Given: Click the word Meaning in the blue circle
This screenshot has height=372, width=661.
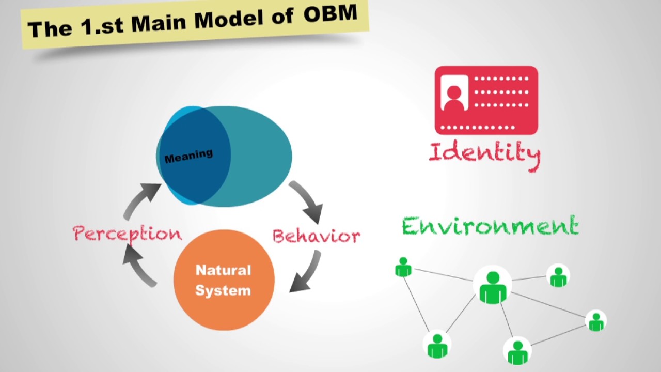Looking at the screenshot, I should pos(188,156).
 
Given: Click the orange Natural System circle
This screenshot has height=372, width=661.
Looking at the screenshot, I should pos(224,280).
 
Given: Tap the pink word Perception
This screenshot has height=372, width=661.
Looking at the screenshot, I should pos(127,234).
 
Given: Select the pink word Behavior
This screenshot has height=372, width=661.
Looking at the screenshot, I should pos(316,236).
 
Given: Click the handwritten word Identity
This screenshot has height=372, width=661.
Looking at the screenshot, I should pos(484,153).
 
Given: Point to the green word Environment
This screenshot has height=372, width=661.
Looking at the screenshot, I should pos(490,227).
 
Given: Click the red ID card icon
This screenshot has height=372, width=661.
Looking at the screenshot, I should pos(486,100).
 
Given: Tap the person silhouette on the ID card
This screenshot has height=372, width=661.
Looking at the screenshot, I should pos(454,97).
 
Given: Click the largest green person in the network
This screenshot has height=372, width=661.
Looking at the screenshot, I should pos(493,287).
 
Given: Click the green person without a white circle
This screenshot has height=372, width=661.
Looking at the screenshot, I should pos(403,267).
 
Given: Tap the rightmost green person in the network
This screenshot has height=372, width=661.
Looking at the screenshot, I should pos(596,321).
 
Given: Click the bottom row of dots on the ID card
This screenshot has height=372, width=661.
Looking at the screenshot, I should pos(480,127).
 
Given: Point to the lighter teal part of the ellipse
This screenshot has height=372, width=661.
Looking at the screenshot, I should pos(261,155).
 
